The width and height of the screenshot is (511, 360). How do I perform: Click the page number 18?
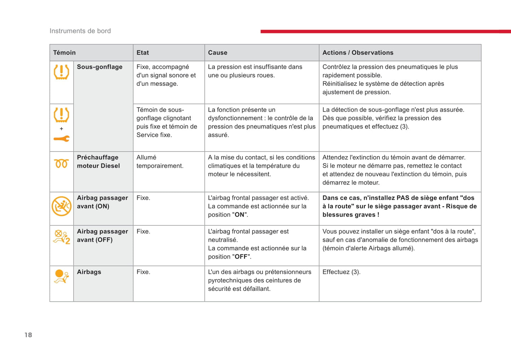[x=28, y=335]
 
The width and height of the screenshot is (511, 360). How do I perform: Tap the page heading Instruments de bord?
[x=80, y=31]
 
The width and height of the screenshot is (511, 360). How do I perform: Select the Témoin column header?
[x=64, y=53]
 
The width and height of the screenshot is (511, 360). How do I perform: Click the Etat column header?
[x=143, y=53]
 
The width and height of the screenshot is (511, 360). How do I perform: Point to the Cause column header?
[x=217, y=53]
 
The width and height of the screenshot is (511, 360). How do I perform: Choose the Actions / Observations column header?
[x=358, y=53]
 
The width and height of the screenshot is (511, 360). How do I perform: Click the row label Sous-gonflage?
[x=100, y=67]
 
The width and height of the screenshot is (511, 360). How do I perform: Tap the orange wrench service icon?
[x=62, y=139]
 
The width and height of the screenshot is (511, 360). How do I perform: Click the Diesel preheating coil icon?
[x=61, y=164]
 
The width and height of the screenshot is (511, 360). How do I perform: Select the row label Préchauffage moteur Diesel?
[x=98, y=161]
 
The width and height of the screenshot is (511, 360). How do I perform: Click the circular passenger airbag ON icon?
[x=62, y=206]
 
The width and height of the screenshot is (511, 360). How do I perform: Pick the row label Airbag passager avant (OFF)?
[x=102, y=236]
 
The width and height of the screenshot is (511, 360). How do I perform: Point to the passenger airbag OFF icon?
[x=62, y=237]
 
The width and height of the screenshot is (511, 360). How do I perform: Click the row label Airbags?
[x=89, y=272]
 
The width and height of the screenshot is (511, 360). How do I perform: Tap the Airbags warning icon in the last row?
[x=61, y=277]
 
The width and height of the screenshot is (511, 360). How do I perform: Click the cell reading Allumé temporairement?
[x=160, y=161]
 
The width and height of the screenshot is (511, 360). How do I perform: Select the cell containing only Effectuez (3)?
[x=341, y=272]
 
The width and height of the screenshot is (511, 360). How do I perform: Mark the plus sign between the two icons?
[x=62, y=129]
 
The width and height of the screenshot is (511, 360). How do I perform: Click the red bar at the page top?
[x=385, y=31]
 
